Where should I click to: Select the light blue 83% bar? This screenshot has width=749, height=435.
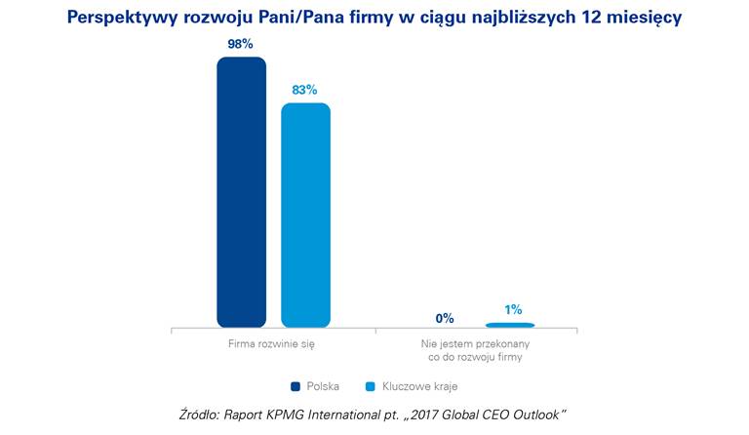(x=305, y=215)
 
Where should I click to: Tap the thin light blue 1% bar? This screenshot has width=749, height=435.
(x=510, y=325)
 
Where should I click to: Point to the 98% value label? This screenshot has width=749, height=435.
(x=241, y=44)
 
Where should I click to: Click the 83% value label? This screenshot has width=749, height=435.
(x=305, y=90)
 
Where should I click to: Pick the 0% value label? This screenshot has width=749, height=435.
(x=445, y=318)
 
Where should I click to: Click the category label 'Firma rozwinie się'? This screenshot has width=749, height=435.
(x=272, y=344)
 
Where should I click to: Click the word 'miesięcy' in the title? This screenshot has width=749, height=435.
(x=647, y=18)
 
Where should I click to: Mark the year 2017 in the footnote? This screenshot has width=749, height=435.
(x=447, y=415)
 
